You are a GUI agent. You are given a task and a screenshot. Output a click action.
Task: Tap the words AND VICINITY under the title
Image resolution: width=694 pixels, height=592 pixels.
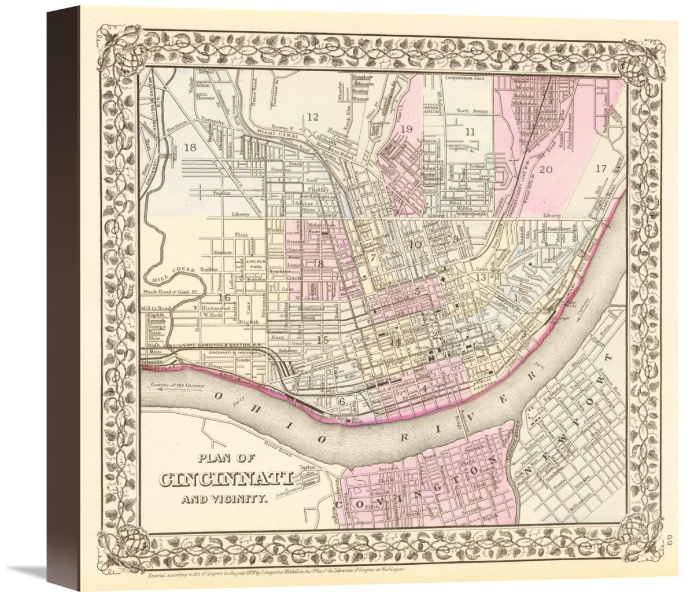pos(225,498)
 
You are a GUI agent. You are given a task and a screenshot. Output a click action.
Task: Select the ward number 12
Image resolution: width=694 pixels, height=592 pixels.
pos(312,117)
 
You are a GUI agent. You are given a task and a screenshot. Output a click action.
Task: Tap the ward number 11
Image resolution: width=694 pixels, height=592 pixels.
pos(471,131)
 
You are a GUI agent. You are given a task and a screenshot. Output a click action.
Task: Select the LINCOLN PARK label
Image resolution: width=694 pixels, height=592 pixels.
pos(255,264)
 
